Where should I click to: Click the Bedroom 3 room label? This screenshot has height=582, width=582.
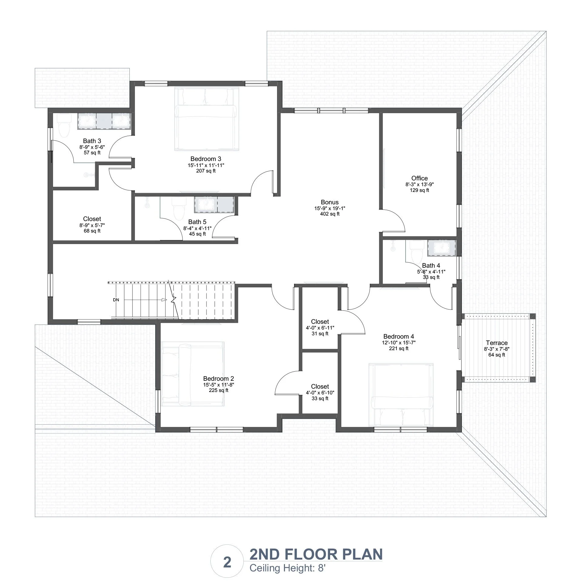tap(206, 159)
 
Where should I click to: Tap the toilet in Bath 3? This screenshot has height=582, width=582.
tap(63, 125)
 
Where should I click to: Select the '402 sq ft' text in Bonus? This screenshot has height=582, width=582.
tap(329, 214)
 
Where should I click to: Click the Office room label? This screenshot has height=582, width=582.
tap(419, 178)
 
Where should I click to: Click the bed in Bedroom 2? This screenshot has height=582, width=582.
tap(192, 375)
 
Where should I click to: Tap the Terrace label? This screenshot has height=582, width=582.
tap(497, 343)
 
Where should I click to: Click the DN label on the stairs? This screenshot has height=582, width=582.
tap(116, 300)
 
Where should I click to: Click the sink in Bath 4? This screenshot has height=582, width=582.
tap(441, 248)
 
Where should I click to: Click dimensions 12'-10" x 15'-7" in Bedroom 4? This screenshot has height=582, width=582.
tap(399, 343)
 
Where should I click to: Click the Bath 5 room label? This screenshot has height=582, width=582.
tap(197, 222)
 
